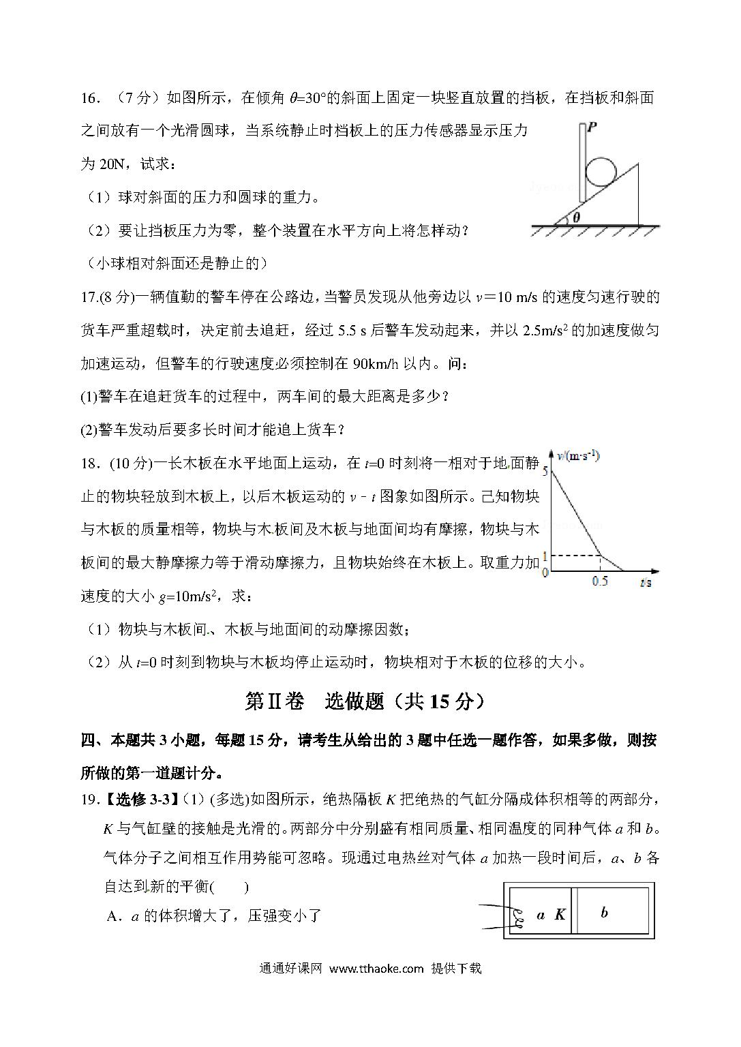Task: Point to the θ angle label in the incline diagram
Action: coord(576,217)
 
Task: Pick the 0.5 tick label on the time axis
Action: coord(600,581)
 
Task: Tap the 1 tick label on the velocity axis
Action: coord(545,556)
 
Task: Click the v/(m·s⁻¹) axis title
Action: coord(578,456)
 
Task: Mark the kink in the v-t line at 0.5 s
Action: coord(600,556)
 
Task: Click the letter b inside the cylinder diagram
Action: coord(604,912)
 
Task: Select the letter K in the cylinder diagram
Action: coord(560,915)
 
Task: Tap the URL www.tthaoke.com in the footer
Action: coord(376,968)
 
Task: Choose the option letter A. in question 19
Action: coord(114,916)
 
